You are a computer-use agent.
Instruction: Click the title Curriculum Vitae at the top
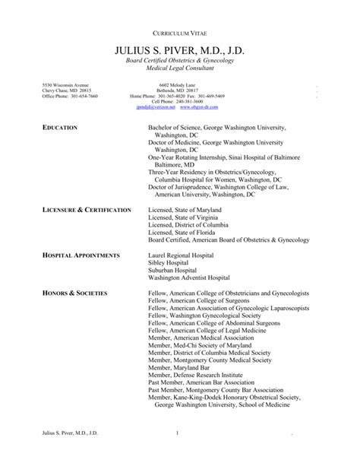180,36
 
